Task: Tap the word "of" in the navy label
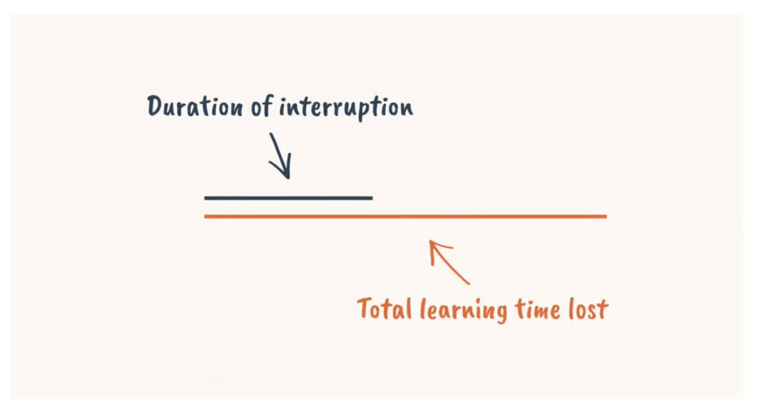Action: click(x=262, y=108)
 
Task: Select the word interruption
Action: click(x=346, y=108)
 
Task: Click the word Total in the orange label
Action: click(x=384, y=308)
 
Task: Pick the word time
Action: click(x=539, y=308)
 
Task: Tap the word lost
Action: click(x=589, y=308)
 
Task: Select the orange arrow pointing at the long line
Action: click(x=450, y=261)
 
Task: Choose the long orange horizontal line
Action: click(x=405, y=216)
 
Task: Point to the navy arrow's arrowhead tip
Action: click(x=287, y=177)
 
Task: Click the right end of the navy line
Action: click(x=371, y=198)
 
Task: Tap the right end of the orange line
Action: click(x=606, y=216)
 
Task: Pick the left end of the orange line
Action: click(x=206, y=216)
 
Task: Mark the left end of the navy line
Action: click(x=206, y=198)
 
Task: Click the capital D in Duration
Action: click(x=155, y=107)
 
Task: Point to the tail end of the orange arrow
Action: click(x=469, y=283)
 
